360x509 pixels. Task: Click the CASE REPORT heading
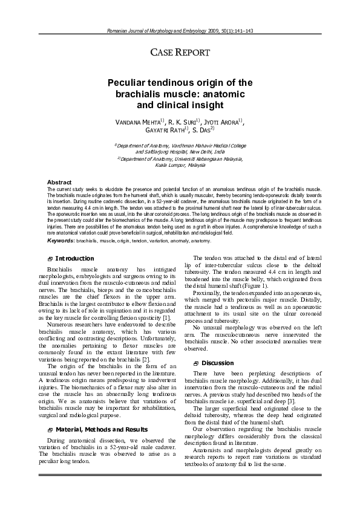click(180, 53)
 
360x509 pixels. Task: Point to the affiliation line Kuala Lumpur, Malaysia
click(180, 165)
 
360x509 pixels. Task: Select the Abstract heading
click(59, 182)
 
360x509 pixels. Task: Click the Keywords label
click(60, 240)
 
